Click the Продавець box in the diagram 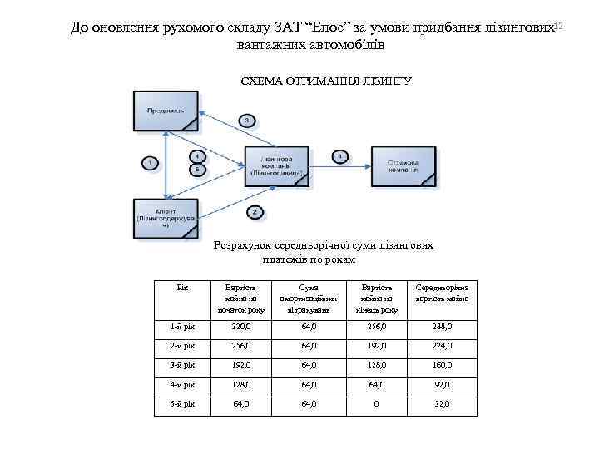pos(166,111)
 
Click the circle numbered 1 pos(150,163)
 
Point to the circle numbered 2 pos(254,211)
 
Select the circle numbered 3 pos(247,121)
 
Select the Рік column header pos(183,288)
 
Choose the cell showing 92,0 pos(442,385)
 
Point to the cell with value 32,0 pos(442,404)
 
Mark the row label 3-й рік pos(183,366)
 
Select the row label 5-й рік pos(183,404)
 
